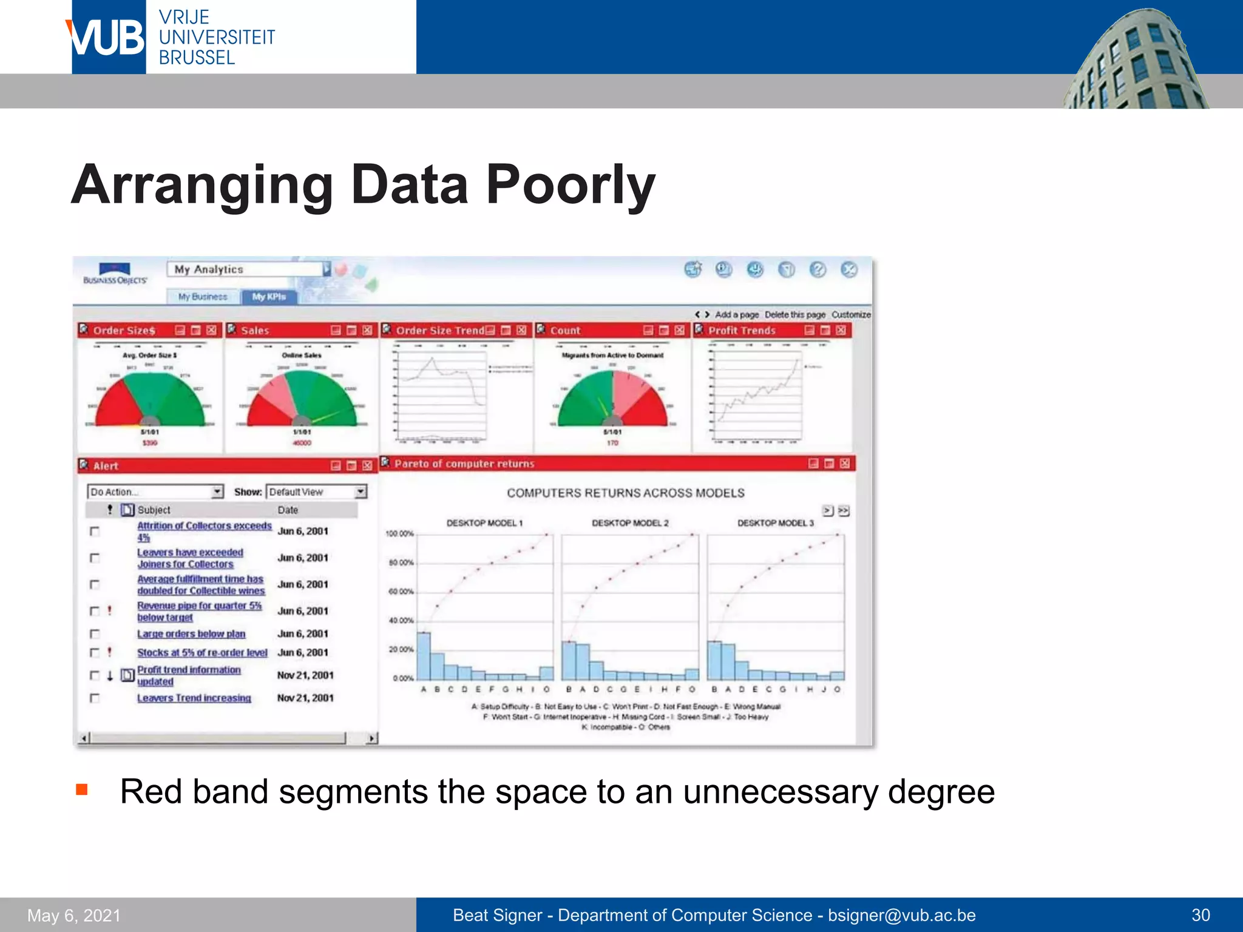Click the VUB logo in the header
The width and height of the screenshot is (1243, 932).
click(x=108, y=38)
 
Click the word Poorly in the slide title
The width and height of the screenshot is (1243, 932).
click(x=570, y=184)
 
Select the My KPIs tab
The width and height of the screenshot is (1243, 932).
click(x=269, y=297)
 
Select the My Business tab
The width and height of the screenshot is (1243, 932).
click(x=203, y=297)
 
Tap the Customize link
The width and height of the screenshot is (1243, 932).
click(x=850, y=314)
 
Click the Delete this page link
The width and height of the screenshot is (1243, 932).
click(x=794, y=314)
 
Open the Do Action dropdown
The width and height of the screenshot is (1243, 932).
click(x=155, y=491)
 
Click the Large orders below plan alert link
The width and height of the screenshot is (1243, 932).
click(x=191, y=633)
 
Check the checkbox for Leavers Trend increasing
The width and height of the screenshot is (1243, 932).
click(x=95, y=698)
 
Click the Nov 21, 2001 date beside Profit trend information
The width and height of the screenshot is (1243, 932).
click(x=305, y=675)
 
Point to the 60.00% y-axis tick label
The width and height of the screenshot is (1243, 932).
click(x=401, y=592)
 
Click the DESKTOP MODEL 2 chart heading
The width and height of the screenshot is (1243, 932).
click(x=630, y=522)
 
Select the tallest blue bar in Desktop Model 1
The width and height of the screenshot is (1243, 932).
click(x=424, y=655)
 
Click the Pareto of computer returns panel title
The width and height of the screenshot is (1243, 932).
click(x=464, y=464)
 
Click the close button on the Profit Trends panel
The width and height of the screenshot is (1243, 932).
click(x=841, y=330)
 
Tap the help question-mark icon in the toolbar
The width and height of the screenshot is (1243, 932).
click(x=818, y=269)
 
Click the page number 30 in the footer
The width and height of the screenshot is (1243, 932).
click(x=1201, y=915)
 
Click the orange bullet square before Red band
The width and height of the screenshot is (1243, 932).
click(x=82, y=789)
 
